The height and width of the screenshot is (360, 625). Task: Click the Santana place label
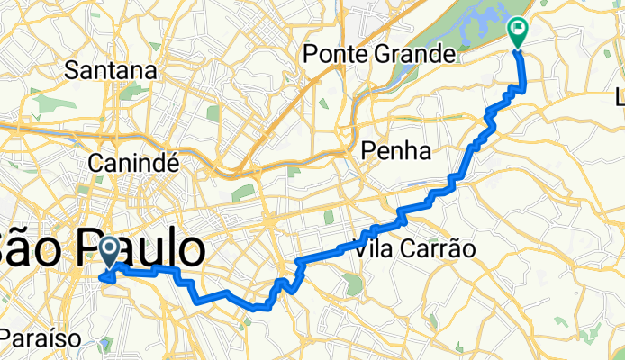[117, 69]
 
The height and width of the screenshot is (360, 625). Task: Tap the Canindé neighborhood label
[135, 163]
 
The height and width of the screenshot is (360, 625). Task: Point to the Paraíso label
[41, 338]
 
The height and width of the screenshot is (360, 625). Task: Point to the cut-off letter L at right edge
[620, 95]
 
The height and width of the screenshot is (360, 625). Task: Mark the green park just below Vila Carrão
[354, 285]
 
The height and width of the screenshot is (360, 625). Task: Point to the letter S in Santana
[86, 69]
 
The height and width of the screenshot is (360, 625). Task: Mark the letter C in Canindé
[97, 163]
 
